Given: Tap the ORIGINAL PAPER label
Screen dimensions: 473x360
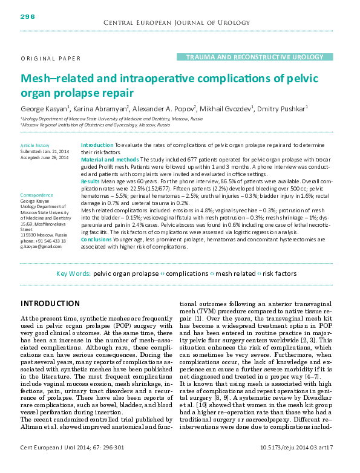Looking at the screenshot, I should pos(51,58).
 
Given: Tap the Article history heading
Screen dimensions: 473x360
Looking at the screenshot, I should pos(35,146).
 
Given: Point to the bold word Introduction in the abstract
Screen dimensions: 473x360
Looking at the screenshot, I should pos(97,146).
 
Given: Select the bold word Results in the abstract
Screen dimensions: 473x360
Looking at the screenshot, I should pos(90,181).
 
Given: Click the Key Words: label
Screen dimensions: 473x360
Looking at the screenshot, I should pos(73,273).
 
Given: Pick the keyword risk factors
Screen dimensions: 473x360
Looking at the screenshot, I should pos(280,273).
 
